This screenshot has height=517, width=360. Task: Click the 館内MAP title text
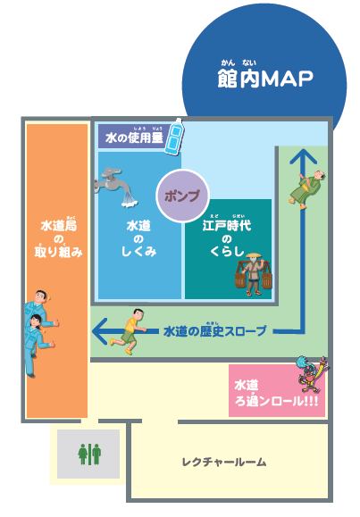pyautogui.click(x=265, y=79)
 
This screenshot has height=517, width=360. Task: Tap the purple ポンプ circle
pyautogui.click(x=182, y=196)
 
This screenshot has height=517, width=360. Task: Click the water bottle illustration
pyautogui.click(x=175, y=137)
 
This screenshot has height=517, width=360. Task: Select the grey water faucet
pyautogui.click(x=114, y=187)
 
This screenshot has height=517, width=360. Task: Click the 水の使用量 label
pyautogui.click(x=134, y=138)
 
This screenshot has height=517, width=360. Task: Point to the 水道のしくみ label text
pyautogui.click(x=138, y=238)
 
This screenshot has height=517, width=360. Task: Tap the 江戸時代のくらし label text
pyautogui.click(x=227, y=238)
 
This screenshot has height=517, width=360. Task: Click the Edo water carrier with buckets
pyautogui.click(x=254, y=274)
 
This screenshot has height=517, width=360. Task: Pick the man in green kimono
pyautogui.click(x=307, y=189)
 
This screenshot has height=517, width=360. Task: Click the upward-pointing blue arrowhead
pyautogui.click(x=303, y=156)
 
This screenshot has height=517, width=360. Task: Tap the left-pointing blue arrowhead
pyautogui.click(x=100, y=330)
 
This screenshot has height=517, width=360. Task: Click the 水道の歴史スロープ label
pyautogui.click(x=214, y=330)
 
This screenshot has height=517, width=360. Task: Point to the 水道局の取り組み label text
pyautogui.click(x=58, y=238)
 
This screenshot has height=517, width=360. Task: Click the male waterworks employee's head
pyautogui.click(x=40, y=296)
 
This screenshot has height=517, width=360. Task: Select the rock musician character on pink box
pyautogui.click(x=313, y=374)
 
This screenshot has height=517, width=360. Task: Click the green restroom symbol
pyautogui.click(x=89, y=454)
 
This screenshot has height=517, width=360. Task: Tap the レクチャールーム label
pyautogui.click(x=224, y=462)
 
